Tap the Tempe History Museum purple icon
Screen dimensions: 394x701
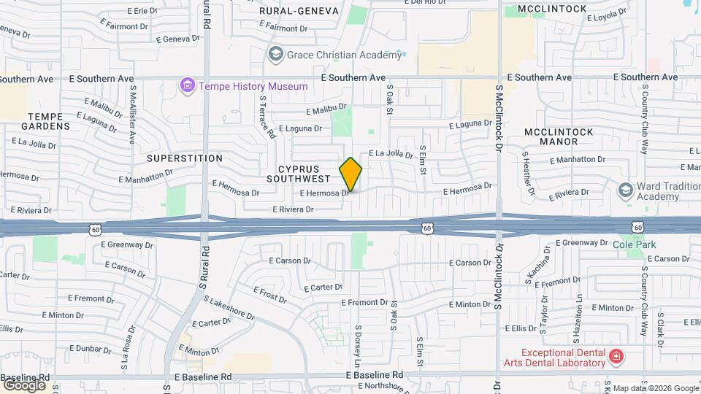(x=188, y=86)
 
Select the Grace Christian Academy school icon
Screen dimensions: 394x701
(x=275, y=53)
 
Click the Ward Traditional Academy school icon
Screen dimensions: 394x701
(x=625, y=190)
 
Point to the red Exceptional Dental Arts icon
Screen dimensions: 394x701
(x=616, y=357)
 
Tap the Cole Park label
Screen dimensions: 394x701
(x=633, y=245)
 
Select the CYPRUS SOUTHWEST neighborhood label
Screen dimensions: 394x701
(x=299, y=173)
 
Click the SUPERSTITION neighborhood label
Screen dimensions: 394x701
(x=185, y=158)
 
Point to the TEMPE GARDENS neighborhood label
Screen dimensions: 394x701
(x=50, y=121)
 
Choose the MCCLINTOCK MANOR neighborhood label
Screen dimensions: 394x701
(x=559, y=136)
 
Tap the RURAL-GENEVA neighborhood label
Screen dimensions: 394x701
(x=299, y=11)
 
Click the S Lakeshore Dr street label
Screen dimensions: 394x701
(x=229, y=308)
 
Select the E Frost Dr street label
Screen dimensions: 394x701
(x=270, y=294)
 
